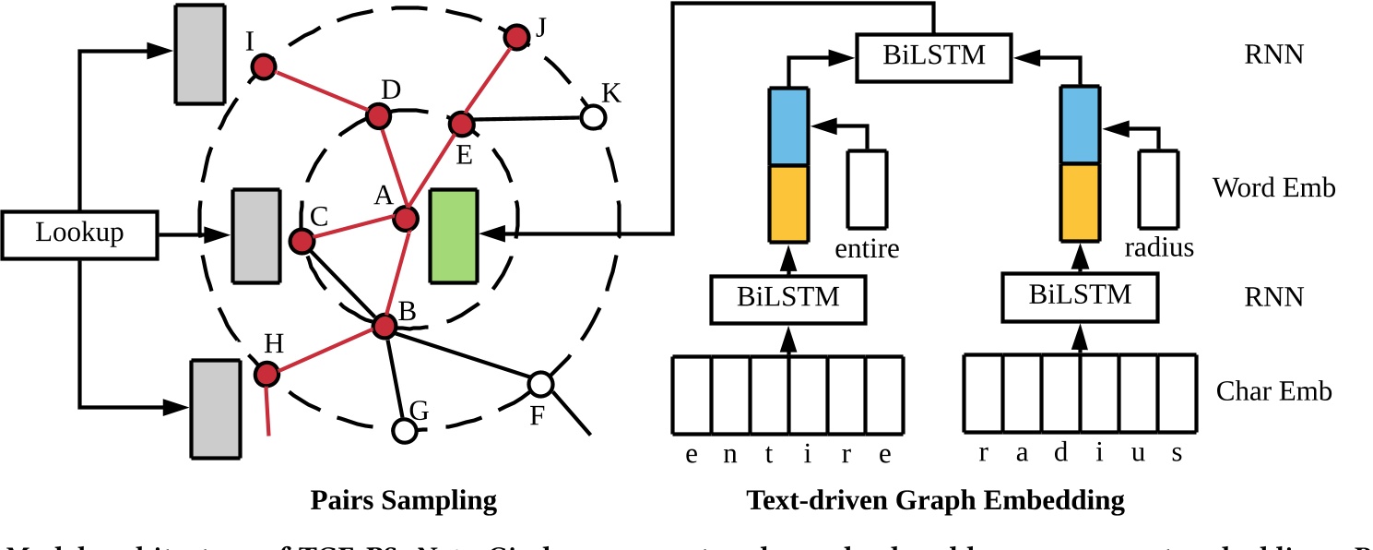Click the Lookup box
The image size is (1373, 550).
[79, 234]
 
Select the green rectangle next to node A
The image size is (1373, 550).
[454, 235]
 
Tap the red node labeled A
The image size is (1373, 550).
[406, 219]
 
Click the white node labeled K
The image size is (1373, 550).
[593, 117]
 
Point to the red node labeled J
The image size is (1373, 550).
[516, 37]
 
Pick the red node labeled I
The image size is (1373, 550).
[265, 66]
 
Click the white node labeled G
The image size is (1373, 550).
[403, 430]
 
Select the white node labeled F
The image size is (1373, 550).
[540, 383]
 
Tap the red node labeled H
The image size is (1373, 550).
[266, 374]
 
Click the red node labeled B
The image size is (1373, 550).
[384, 325]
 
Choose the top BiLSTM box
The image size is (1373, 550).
[933, 55]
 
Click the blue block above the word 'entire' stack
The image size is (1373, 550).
[788, 126]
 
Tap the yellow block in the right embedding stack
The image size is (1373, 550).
[1080, 203]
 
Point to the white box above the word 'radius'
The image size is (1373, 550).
[1158, 189]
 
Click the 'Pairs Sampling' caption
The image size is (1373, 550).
[403, 501]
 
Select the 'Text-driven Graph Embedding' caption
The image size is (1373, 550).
[935, 501]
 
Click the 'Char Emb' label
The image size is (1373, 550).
[1273, 391]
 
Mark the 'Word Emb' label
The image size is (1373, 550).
[1273, 188]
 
